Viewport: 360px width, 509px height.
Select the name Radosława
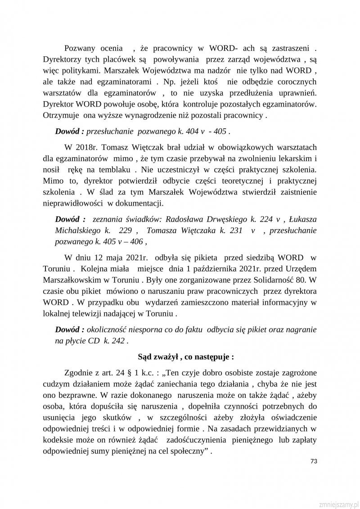[x=184, y=220]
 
